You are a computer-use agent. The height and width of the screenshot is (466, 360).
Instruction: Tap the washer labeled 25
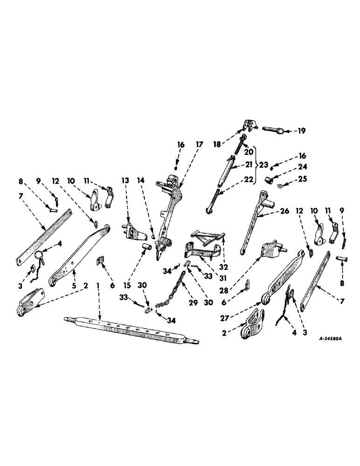pyautogui.click(x=280, y=187)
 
